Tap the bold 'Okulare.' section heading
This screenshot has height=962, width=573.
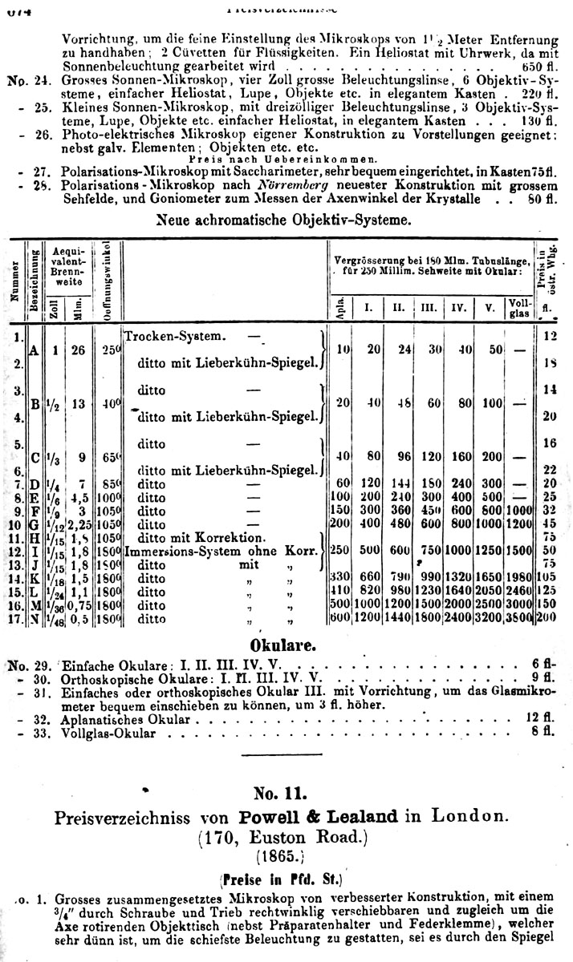[x=286, y=645]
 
